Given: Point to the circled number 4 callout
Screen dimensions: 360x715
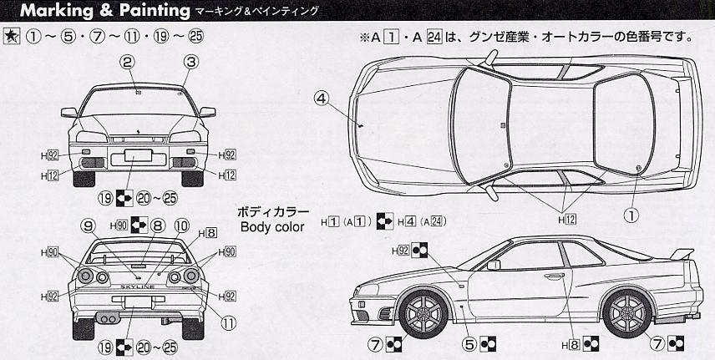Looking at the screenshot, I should pos(322,97).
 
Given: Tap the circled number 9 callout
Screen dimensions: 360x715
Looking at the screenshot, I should pos(86,225).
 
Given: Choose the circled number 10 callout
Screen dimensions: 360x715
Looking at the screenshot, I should pos(180,225).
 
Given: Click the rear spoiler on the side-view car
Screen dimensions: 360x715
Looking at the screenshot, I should pos(682,253).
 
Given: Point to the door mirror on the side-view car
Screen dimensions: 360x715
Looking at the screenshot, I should pos(494,265).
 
